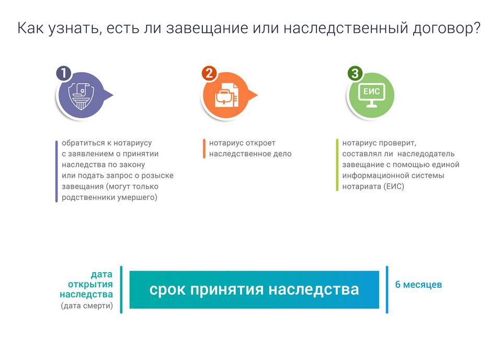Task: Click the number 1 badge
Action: [x=64, y=73]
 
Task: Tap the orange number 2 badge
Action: [x=209, y=73]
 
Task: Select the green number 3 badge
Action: [x=355, y=73]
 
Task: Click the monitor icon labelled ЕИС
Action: [x=371, y=95]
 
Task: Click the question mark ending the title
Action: [x=477, y=27]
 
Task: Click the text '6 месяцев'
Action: [x=418, y=285]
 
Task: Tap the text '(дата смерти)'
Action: [x=87, y=306]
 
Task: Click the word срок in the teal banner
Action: [x=167, y=290]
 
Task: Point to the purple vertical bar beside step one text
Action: [x=56, y=171]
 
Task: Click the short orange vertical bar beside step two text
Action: [x=204, y=149]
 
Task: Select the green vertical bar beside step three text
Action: [x=337, y=165]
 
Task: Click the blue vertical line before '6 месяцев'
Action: [x=387, y=289]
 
